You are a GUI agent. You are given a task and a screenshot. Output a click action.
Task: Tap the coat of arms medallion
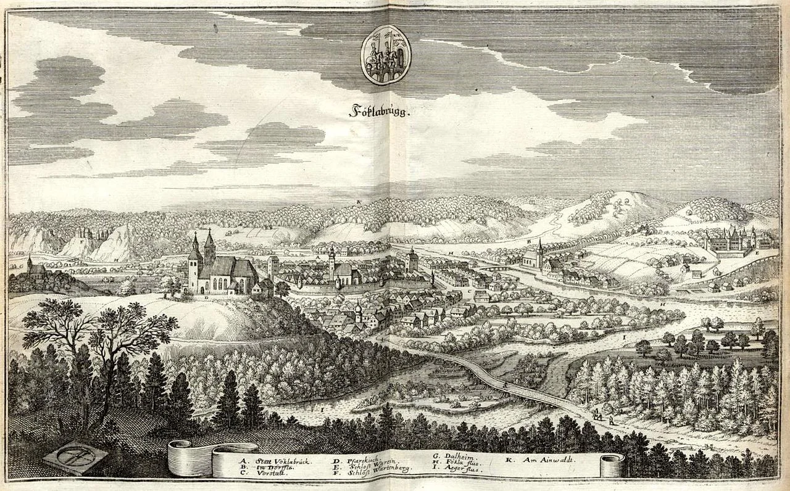386,54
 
